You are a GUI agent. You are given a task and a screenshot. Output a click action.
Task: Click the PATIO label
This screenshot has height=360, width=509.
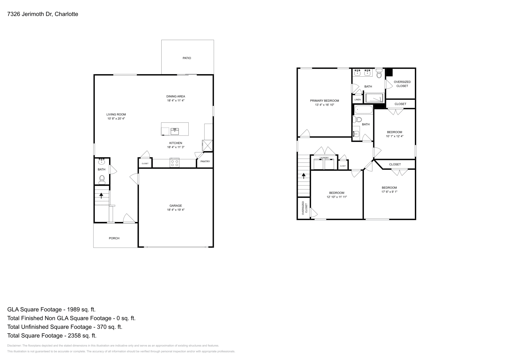click(187, 58)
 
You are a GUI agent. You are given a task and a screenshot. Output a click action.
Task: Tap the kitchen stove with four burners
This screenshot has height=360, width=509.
click(175, 163)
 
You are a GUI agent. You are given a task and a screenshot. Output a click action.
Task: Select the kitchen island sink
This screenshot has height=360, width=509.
click(175, 130)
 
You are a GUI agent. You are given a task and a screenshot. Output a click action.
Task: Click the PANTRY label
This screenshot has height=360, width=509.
click(205, 162)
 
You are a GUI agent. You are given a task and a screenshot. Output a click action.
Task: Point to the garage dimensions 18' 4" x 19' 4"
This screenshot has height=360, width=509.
click(176, 210)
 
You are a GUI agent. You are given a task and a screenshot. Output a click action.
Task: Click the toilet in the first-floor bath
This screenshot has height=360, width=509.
click(102, 179)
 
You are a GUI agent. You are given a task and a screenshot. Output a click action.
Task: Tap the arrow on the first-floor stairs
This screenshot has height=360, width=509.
click(101, 195)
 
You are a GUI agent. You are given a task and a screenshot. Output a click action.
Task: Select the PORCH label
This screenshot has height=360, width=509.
click(114, 238)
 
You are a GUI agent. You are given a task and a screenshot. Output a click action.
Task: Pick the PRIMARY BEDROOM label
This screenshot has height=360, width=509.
click(324, 101)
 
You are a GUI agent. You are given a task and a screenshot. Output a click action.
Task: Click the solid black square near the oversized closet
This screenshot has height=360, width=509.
click(389, 73)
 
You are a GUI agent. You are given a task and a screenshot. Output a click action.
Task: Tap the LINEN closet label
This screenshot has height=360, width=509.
click(358, 100)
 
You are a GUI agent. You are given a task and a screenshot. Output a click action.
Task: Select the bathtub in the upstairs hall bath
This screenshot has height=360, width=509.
click(364, 110)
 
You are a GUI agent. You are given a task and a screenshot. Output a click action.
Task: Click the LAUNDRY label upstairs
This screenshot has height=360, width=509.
click(324, 158)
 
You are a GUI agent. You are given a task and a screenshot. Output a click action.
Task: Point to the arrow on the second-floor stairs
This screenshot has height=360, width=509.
click(304, 176)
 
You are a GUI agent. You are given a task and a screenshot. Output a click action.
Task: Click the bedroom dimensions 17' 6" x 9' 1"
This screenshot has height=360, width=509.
click(389, 192)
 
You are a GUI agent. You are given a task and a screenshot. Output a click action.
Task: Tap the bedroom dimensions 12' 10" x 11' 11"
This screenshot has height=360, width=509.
click(337, 197)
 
